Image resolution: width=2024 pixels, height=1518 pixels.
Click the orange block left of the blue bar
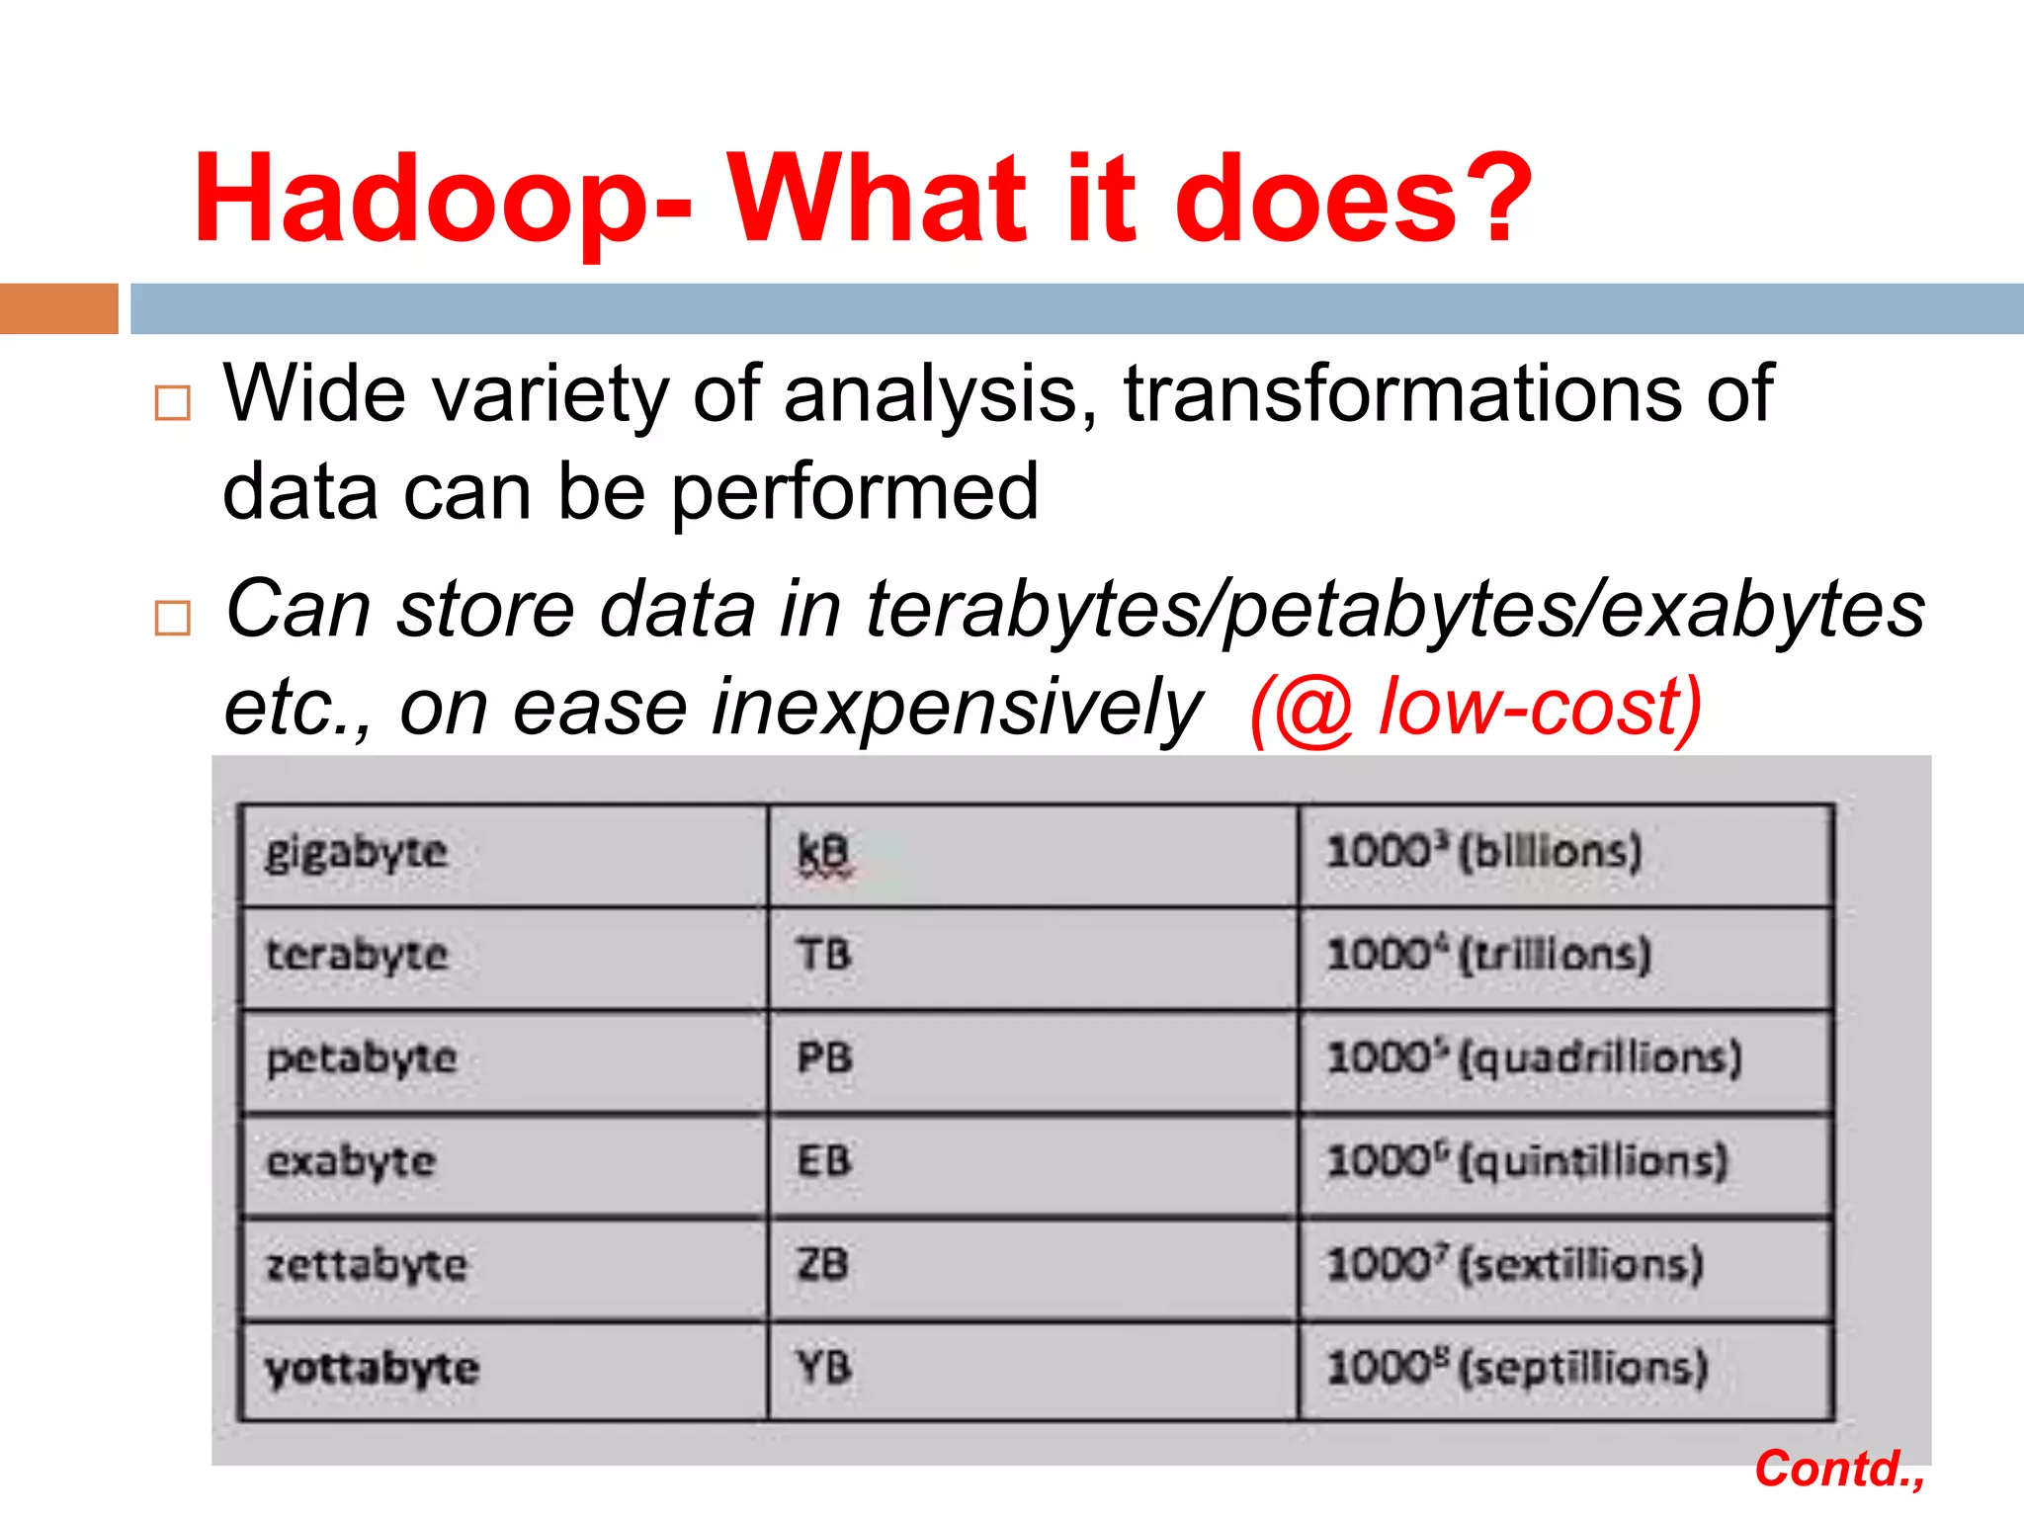[x=58, y=308]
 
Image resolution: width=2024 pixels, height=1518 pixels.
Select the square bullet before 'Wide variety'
[x=173, y=403]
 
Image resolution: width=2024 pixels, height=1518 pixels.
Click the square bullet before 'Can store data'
[x=173, y=618]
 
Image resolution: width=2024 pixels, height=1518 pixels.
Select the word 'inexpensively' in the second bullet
[x=957, y=709]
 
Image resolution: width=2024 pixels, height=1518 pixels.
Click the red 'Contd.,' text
[x=1839, y=1469]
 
